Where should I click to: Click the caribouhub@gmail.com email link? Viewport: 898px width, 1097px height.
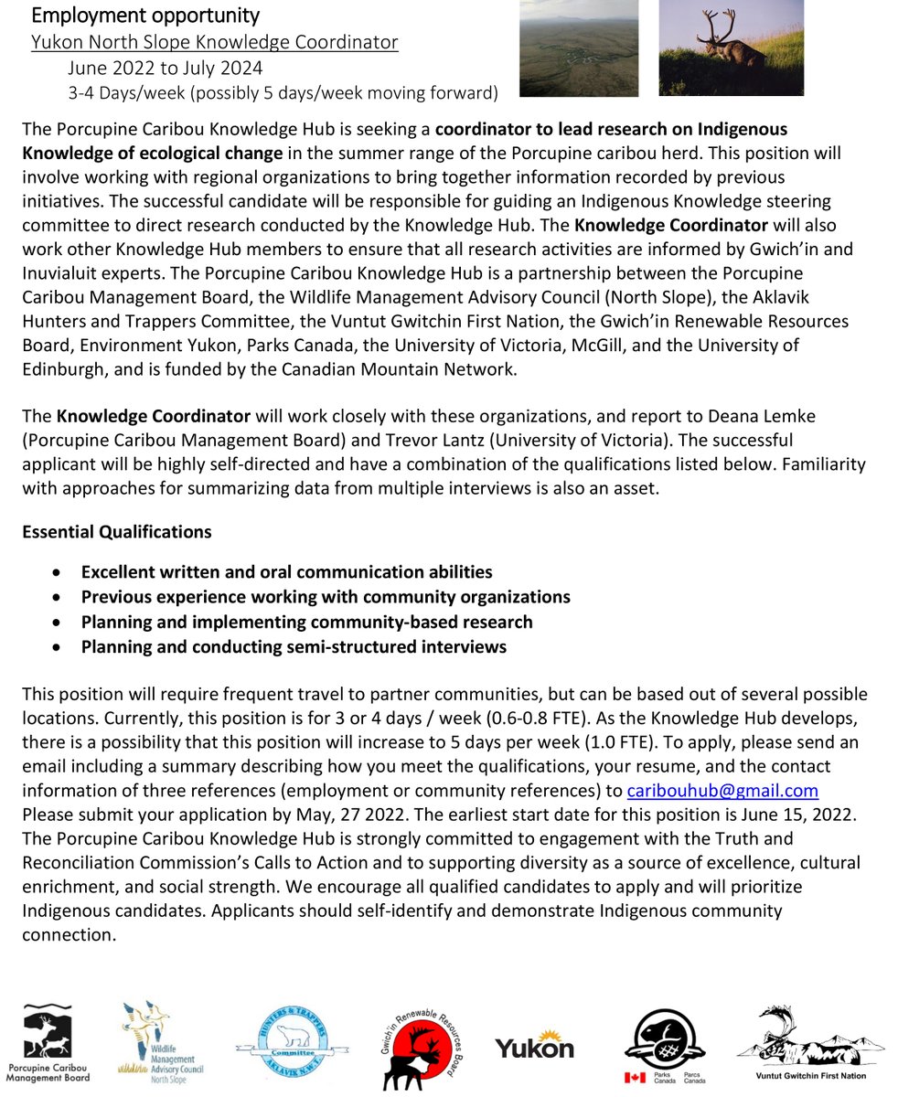722,791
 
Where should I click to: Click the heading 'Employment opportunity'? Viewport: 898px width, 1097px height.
145,16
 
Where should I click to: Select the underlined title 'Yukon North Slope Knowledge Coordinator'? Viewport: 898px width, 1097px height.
214,43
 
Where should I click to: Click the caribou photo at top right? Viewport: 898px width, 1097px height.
731,48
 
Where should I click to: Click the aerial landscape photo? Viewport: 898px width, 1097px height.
579,48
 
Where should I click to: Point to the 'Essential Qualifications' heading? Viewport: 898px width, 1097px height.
116,531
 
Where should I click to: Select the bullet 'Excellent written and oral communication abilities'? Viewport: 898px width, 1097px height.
286,571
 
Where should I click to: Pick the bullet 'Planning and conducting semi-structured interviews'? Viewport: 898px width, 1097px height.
294,647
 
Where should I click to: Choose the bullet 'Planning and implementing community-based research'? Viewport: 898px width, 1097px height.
306,622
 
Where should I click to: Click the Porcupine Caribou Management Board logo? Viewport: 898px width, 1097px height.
48,1043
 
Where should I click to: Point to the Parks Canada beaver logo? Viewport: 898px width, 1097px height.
664,1043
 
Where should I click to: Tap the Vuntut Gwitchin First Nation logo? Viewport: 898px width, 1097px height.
809,1043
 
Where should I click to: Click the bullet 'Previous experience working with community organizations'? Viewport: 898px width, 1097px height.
326,597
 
